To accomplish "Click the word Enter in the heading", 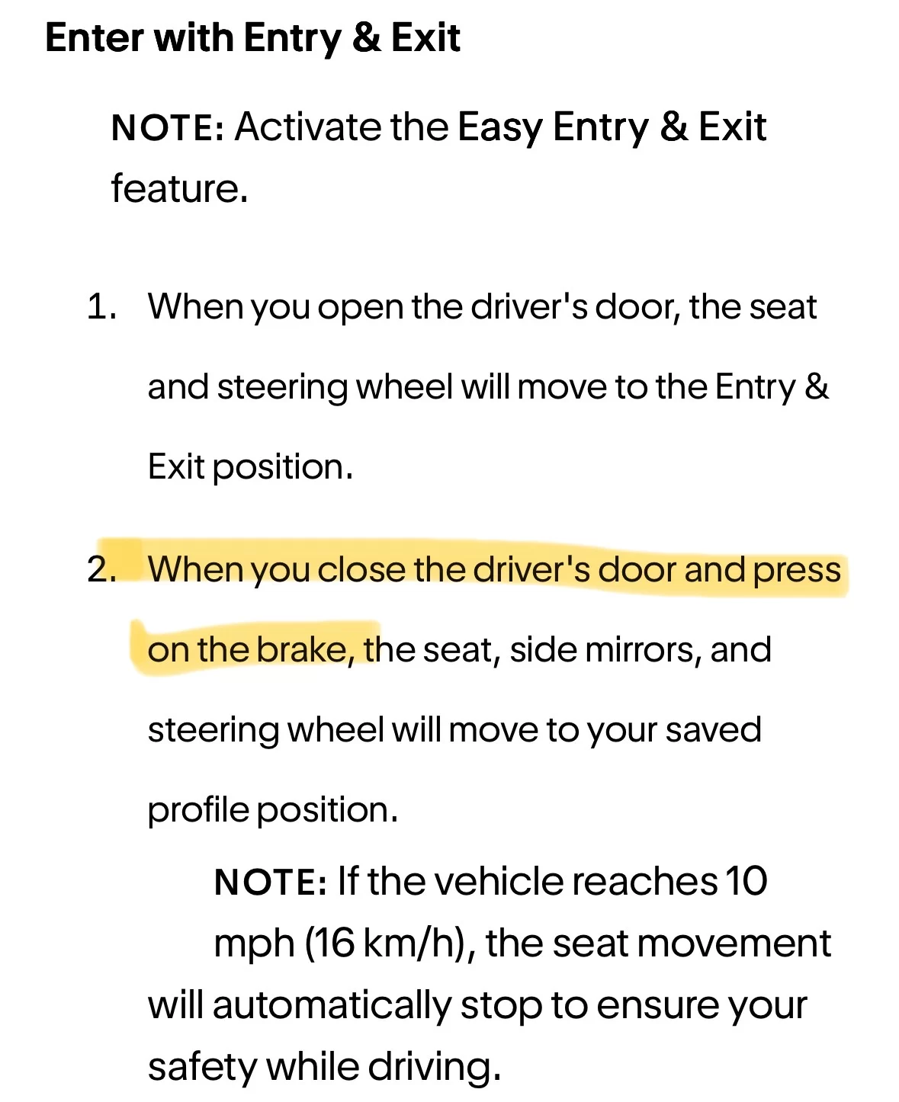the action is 94,37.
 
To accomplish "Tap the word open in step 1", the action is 360,309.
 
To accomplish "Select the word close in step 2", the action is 361,569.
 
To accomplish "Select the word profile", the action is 198,811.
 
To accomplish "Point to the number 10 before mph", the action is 746,881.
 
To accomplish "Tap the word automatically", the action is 332,1007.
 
